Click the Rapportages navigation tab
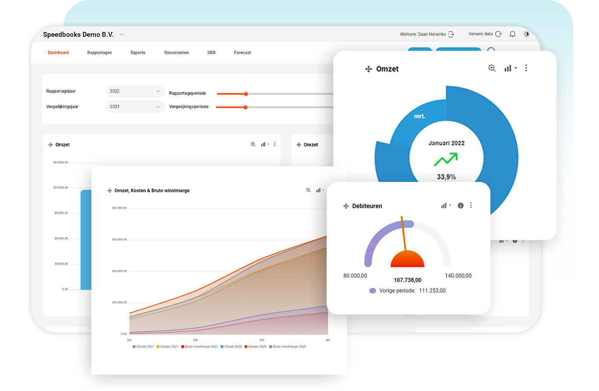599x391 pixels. (x=99, y=52)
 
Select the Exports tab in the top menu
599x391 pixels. (x=138, y=52)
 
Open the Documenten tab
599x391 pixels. (x=176, y=52)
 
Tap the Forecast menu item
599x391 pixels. (x=243, y=52)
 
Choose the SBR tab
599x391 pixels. (x=211, y=52)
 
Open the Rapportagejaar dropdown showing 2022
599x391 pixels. (x=135, y=91)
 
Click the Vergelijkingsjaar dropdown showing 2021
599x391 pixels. (x=135, y=106)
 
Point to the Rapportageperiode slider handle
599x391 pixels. (x=246, y=94)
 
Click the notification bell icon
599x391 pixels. (x=512, y=34)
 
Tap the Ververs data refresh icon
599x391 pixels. (x=498, y=34)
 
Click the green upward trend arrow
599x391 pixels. (x=446, y=159)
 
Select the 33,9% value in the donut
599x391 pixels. (x=446, y=177)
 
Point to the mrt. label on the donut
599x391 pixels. (x=419, y=116)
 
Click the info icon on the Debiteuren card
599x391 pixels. (x=460, y=206)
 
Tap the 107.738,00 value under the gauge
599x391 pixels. (x=407, y=280)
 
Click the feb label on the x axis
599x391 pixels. (x=195, y=340)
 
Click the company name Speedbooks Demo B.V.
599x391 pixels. (x=78, y=35)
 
